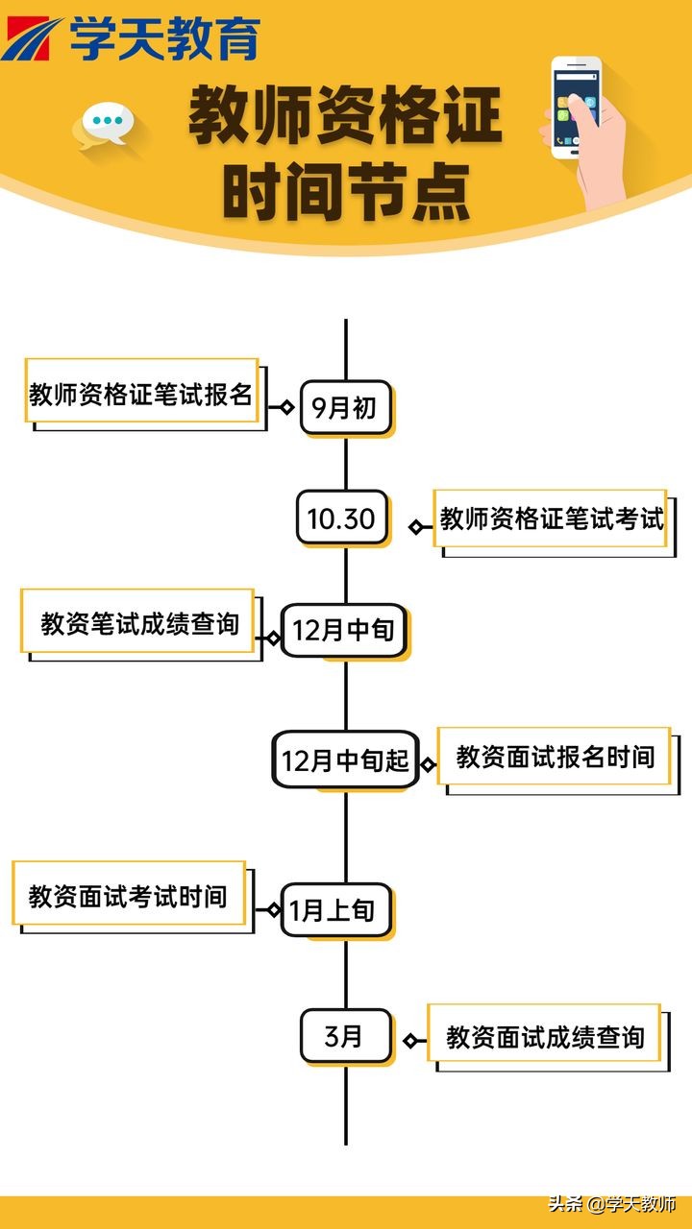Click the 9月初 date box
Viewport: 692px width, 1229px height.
tap(345, 409)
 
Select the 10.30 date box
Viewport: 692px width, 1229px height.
tap(341, 518)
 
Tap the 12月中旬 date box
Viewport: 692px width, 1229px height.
tap(343, 630)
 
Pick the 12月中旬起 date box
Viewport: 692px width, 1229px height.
tap(345, 760)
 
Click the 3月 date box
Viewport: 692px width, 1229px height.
tap(345, 1036)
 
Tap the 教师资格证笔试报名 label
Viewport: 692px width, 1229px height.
tap(141, 393)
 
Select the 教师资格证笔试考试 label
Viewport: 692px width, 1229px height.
tap(551, 519)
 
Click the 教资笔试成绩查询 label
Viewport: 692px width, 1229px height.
tap(138, 623)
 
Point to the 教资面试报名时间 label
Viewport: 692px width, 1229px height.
tap(555, 757)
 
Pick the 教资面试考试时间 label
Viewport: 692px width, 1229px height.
tap(129, 895)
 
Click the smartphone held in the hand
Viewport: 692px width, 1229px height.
tap(576, 107)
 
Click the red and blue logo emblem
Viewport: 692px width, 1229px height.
tap(31, 39)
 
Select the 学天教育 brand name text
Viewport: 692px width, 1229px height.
tap(164, 39)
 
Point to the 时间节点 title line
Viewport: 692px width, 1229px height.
tap(346, 191)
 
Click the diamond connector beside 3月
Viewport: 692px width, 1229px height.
tap(411, 1041)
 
